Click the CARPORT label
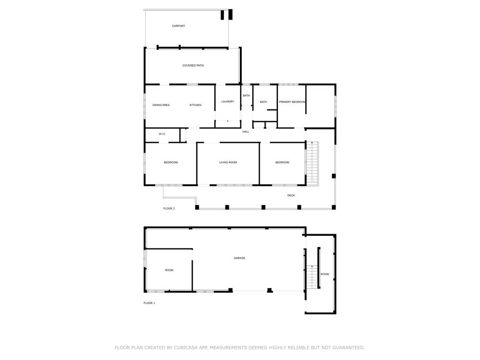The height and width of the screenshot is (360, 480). (x=179, y=26)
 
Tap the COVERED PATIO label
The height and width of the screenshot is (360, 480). (x=193, y=66)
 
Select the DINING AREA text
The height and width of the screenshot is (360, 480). (x=161, y=105)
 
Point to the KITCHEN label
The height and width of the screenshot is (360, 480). (x=196, y=105)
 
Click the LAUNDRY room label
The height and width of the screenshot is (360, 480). (x=228, y=101)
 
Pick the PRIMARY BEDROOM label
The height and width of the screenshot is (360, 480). (x=292, y=102)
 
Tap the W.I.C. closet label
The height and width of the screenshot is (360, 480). (x=162, y=134)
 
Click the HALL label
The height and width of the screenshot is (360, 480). (x=246, y=132)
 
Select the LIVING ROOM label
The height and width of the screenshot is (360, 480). (x=228, y=162)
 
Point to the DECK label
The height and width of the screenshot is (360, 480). (x=291, y=195)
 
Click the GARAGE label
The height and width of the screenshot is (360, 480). (x=239, y=258)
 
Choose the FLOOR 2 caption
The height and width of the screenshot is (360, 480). (x=169, y=209)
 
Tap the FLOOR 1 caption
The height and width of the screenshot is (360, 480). (x=149, y=303)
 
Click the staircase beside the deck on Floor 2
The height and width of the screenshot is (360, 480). (x=313, y=163)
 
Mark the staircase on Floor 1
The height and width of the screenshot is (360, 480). (x=312, y=277)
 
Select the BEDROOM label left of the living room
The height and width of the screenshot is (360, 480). (x=171, y=162)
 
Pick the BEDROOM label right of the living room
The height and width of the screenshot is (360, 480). (x=282, y=162)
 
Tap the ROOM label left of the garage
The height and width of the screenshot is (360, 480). (x=169, y=270)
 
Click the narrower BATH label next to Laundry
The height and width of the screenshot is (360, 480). (x=246, y=95)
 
